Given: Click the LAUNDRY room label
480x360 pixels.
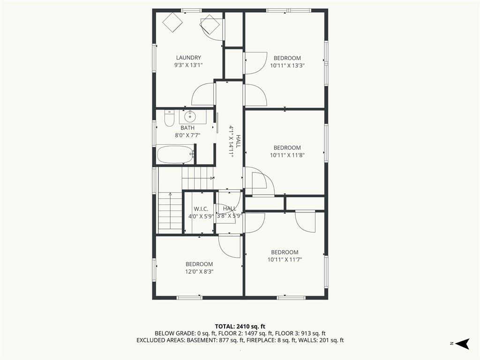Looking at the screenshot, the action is point(188,58).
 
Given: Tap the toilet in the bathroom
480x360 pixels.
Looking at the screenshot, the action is point(169,118).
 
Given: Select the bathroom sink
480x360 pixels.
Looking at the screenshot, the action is point(190,116).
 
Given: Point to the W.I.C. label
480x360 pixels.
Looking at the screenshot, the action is point(201,209).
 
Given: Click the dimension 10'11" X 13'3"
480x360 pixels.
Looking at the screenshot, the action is point(287,65).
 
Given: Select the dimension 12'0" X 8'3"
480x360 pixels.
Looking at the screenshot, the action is point(199,271).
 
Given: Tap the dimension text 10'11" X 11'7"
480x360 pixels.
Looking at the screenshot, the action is point(285,260).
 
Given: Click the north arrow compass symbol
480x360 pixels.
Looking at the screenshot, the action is point(462,344).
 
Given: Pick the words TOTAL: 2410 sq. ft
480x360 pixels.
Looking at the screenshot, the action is point(240,326).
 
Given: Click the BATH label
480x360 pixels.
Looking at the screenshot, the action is point(187,128).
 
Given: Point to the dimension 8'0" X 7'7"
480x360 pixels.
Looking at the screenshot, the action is point(187,135).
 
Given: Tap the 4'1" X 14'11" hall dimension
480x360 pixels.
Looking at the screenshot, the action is point(232,142).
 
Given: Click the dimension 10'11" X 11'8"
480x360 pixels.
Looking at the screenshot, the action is point(287,155).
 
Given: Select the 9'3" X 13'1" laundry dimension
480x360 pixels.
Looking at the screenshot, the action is point(188,65).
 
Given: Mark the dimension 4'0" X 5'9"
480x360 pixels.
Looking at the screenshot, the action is point(201,216).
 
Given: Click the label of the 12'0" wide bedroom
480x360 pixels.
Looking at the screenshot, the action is point(199,264).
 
